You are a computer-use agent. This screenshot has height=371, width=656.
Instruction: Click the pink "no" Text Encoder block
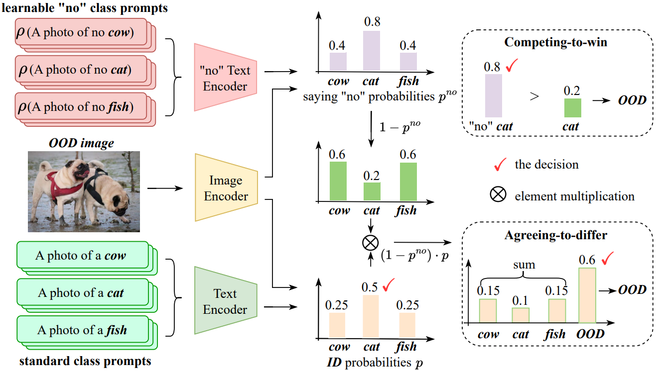coord(225,78)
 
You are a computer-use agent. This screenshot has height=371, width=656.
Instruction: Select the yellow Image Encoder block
coord(226,188)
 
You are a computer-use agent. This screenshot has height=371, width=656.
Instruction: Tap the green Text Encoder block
coord(225,301)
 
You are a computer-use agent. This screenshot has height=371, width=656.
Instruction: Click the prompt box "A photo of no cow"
coord(80,33)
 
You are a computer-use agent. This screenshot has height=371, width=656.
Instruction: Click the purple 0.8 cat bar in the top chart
coord(372,50)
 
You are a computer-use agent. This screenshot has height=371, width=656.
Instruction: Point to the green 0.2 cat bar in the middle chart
coord(372,191)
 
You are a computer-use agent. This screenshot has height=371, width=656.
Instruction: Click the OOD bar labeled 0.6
coord(587,295)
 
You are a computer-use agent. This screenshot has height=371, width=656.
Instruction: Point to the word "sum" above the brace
coord(523,265)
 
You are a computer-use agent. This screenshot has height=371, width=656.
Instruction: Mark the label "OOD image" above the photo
coord(81,144)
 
